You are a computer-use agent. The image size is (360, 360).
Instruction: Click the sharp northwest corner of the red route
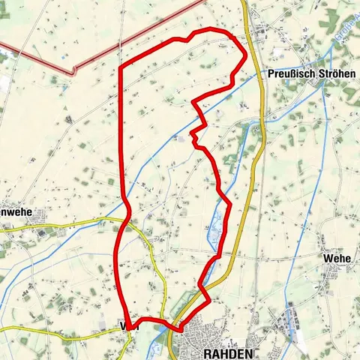121,67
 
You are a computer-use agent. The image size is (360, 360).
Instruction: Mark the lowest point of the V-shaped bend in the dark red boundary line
73,73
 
